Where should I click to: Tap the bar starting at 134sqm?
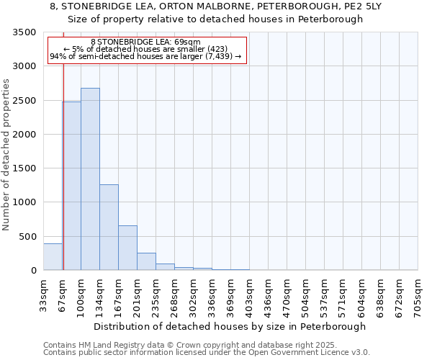pos(109,227)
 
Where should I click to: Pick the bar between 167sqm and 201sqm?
pos(127,248)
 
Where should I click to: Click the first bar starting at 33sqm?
pos(53,257)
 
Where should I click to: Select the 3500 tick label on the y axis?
pos(24,33)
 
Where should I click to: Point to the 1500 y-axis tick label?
pos(24,168)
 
